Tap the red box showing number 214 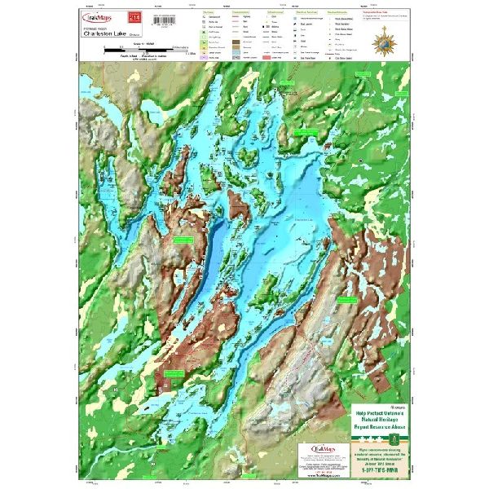click(135, 15)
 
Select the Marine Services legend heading click(285, 11)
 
